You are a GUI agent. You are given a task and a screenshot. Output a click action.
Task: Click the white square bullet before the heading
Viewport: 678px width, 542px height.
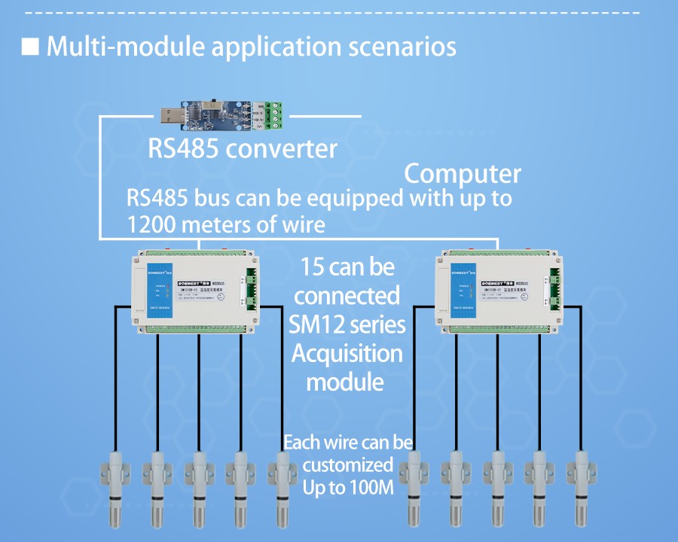(x=30, y=47)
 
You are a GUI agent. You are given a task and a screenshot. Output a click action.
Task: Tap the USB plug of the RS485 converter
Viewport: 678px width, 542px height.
(x=172, y=116)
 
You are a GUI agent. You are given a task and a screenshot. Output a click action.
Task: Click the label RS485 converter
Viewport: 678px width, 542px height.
(x=243, y=148)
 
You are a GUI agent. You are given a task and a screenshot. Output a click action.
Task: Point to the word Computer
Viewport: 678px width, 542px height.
(x=463, y=174)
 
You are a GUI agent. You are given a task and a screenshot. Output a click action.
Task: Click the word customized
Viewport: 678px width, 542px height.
(x=347, y=464)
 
